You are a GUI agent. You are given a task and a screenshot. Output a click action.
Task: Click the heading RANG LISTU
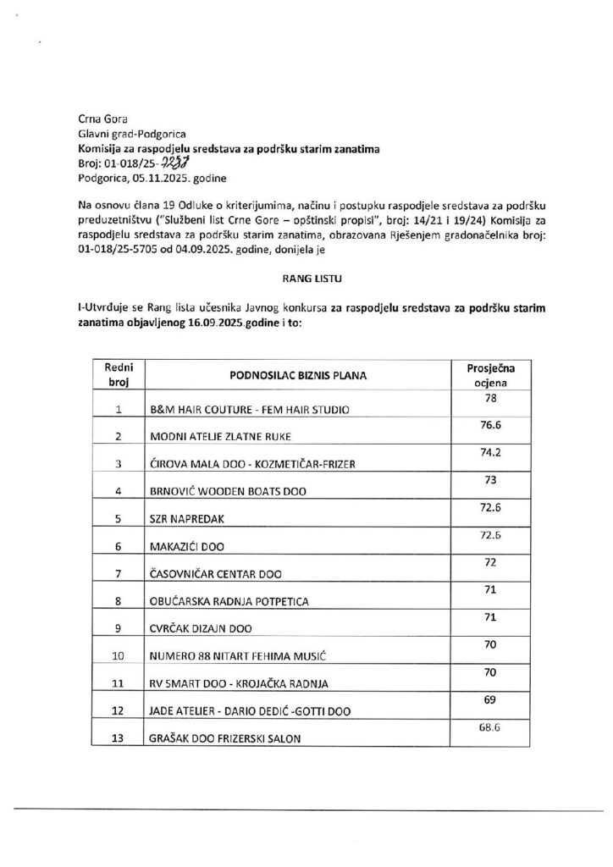tap(306, 276)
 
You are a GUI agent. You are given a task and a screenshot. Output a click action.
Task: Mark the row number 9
tap(119, 629)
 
